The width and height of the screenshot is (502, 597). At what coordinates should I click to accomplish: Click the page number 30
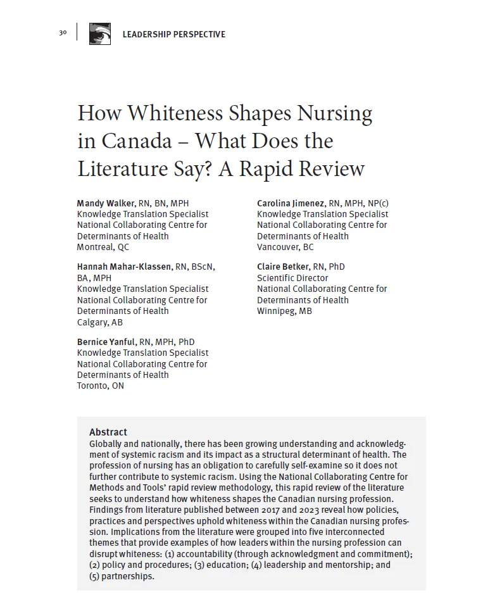tap(63, 33)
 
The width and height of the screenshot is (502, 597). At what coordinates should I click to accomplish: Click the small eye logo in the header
tap(99, 34)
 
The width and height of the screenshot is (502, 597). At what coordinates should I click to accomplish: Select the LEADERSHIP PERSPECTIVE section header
tap(173, 34)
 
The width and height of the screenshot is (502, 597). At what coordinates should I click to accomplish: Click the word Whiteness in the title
tap(167, 113)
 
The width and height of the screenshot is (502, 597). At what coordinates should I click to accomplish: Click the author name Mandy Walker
tap(106, 203)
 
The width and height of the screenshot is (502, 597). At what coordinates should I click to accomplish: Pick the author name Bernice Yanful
tap(106, 342)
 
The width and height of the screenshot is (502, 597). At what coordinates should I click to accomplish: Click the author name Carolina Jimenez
tap(291, 203)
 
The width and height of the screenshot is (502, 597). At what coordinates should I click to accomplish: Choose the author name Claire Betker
tap(283, 267)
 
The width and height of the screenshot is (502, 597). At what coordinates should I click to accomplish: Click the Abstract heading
tap(108, 432)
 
